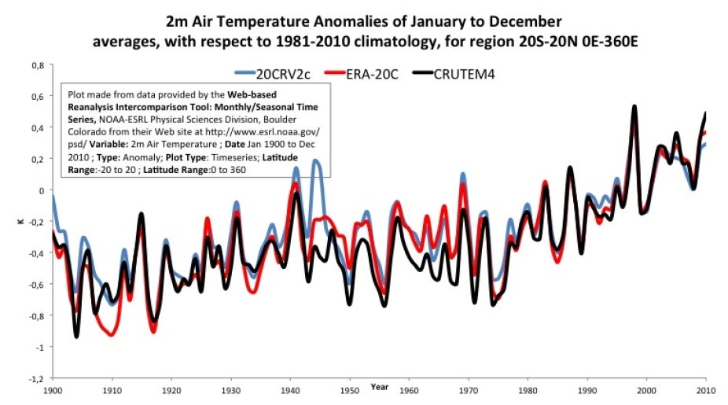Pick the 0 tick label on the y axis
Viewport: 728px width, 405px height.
point(43,190)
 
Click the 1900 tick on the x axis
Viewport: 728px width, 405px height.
point(53,389)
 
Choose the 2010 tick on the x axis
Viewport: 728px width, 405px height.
point(705,389)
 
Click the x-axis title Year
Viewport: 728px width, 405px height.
point(381,387)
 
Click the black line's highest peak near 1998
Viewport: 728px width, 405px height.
point(634,106)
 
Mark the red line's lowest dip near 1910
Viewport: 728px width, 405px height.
point(112,335)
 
